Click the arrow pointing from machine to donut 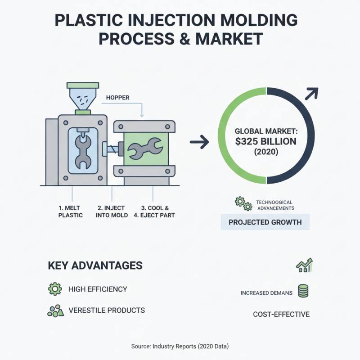point(199,143)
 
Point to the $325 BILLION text point(265,142)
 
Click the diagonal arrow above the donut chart point(311,94)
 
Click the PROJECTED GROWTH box point(265,222)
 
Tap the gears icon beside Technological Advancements point(243,204)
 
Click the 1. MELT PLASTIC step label point(71,211)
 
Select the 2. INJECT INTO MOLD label point(112,211)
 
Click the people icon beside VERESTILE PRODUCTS point(55,310)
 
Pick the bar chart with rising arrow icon point(304,265)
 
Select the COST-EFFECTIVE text point(281,314)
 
